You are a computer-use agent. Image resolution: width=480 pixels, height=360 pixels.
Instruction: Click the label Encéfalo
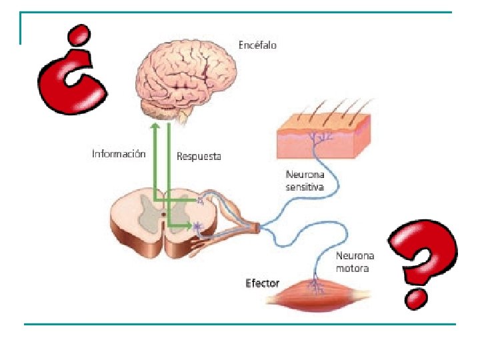(257, 45)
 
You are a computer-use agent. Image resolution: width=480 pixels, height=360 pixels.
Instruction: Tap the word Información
(119, 154)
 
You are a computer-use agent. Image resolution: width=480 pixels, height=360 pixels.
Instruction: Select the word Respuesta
(199, 157)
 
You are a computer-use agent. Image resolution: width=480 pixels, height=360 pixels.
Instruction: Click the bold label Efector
(262, 283)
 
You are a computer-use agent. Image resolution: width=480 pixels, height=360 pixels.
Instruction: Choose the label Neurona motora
(355, 262)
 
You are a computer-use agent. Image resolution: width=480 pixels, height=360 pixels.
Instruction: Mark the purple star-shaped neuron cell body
(197, 227)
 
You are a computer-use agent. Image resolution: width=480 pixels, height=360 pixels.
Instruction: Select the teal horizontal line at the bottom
(240, 324)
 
